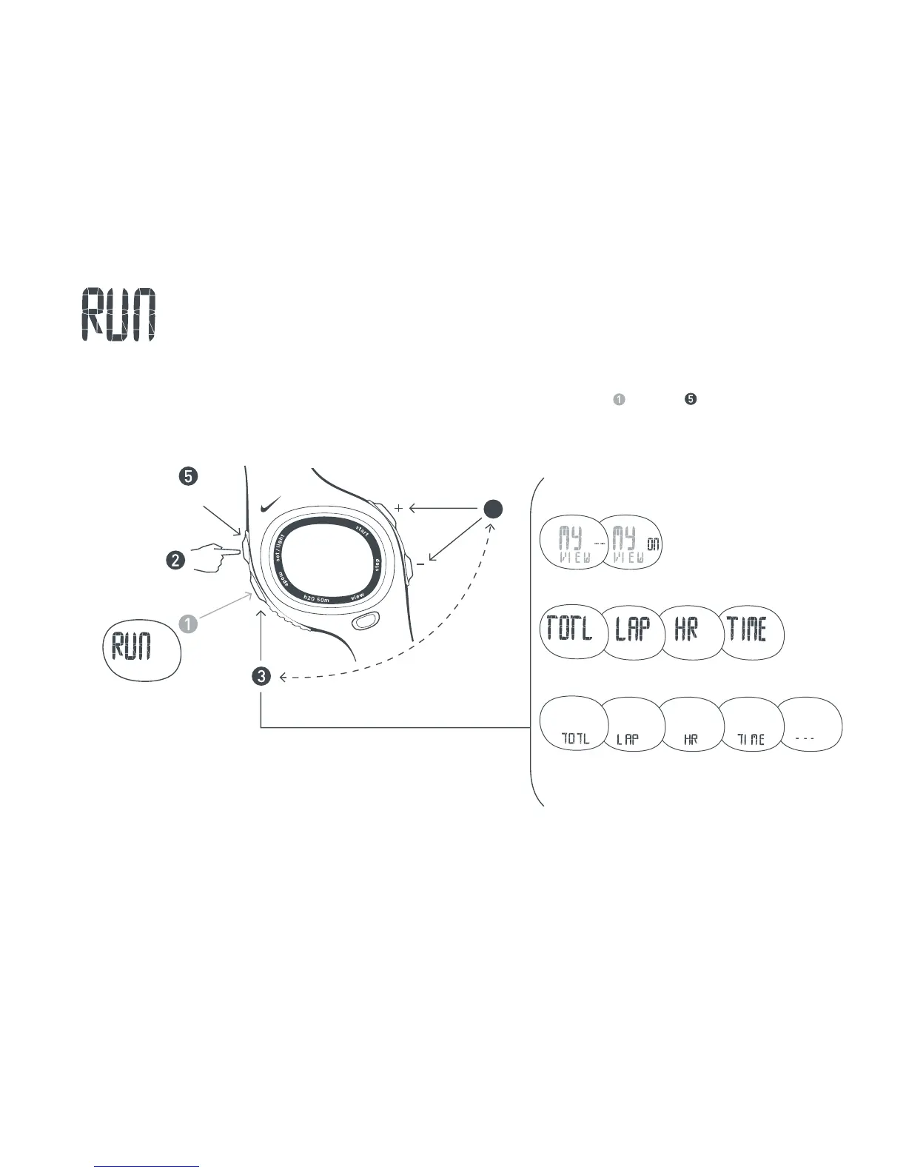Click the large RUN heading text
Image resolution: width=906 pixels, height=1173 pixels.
(x=118, y=315)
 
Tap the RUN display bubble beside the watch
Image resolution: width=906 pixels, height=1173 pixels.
(x=141, y=649)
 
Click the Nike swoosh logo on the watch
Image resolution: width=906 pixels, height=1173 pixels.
(x=270, y=507)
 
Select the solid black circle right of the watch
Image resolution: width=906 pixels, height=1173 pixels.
(x=493, y=508)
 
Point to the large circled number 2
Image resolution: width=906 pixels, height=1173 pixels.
(x=175, y=560)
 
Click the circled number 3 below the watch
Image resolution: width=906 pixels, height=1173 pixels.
(x=261, y=676)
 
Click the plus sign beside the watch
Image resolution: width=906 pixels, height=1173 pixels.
(x=398, y=508)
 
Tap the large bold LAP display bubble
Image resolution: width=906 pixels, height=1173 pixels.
(x=632, y=631)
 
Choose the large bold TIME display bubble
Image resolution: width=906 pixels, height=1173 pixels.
(x=750, y=631)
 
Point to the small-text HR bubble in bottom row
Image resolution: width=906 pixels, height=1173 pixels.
(x=691, y=726)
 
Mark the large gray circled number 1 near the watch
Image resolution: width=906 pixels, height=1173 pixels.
(x=189, y=624)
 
